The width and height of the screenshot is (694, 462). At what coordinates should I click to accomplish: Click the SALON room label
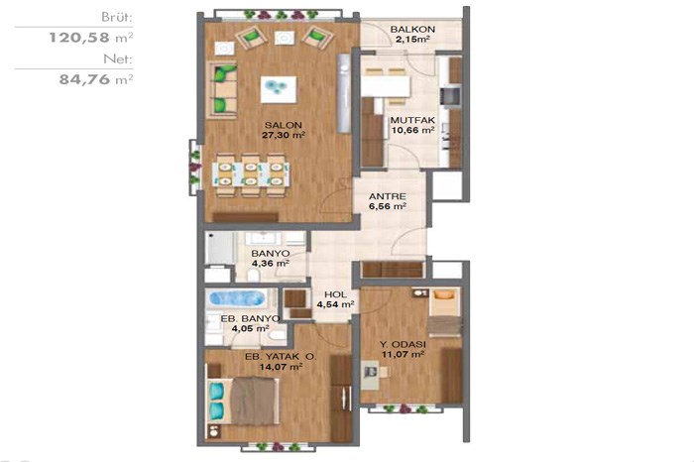pos(284,125)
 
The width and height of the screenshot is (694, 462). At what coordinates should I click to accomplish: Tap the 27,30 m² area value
pos(284,135)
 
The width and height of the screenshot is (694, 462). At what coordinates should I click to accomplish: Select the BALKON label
pos(412,29)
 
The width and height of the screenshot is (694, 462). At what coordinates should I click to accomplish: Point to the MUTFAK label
pos(412,120)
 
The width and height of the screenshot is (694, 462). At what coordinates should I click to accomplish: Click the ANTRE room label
pos(388,196)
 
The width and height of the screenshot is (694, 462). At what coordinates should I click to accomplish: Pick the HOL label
pos(335,294)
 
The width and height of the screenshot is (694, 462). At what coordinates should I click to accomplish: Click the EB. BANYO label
pos(250,318)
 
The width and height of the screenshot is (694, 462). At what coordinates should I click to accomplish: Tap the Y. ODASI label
pos(403,344)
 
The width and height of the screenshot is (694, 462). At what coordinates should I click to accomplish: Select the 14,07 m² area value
pos(281,367)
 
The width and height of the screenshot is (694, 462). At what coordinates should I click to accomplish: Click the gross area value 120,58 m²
pos(91,37)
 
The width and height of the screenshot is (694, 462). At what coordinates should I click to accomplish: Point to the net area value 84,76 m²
pos(96,79)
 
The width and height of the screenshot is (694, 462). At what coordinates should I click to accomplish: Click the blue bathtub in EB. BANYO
pos(236,298)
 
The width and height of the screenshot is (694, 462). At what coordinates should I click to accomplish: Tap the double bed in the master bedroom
pos(243,401)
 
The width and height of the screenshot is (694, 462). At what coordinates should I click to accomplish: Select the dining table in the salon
pos(251,173)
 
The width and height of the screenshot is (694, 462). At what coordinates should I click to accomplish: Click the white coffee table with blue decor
pos(279,90)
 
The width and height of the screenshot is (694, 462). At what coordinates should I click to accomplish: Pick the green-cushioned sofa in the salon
pos(222,90)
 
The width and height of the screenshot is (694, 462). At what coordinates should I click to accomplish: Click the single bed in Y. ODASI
pos(446,311)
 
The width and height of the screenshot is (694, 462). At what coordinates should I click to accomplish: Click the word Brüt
pos(117,18)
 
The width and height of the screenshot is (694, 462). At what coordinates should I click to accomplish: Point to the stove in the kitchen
pos(451,96)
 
